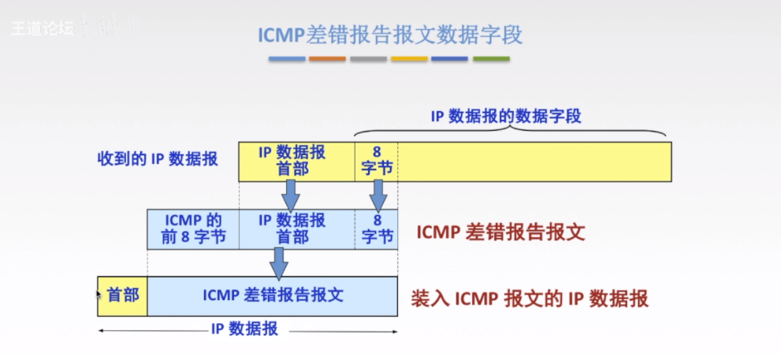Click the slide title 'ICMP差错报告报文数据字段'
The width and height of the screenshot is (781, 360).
390,35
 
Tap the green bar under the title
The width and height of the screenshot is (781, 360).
491,59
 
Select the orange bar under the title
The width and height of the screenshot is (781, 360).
327,59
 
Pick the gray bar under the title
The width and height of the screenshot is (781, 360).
368,59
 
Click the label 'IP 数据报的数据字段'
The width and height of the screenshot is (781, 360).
506,117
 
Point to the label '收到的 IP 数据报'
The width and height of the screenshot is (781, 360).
158,158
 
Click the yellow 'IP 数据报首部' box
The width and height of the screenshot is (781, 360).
296,161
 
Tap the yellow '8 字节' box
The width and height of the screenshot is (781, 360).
376,161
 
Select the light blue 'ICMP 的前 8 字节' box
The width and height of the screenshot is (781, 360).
193,228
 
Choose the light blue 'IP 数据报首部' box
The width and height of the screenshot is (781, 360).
296,228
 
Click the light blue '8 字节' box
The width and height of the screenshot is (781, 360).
376,228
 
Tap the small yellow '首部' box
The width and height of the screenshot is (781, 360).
122,295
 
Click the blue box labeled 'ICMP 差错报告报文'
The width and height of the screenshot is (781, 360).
273,295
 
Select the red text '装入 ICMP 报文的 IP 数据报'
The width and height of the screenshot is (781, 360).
530,299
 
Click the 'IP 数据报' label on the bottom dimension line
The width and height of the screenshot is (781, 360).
244,329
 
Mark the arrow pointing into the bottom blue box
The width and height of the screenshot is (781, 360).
278,262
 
